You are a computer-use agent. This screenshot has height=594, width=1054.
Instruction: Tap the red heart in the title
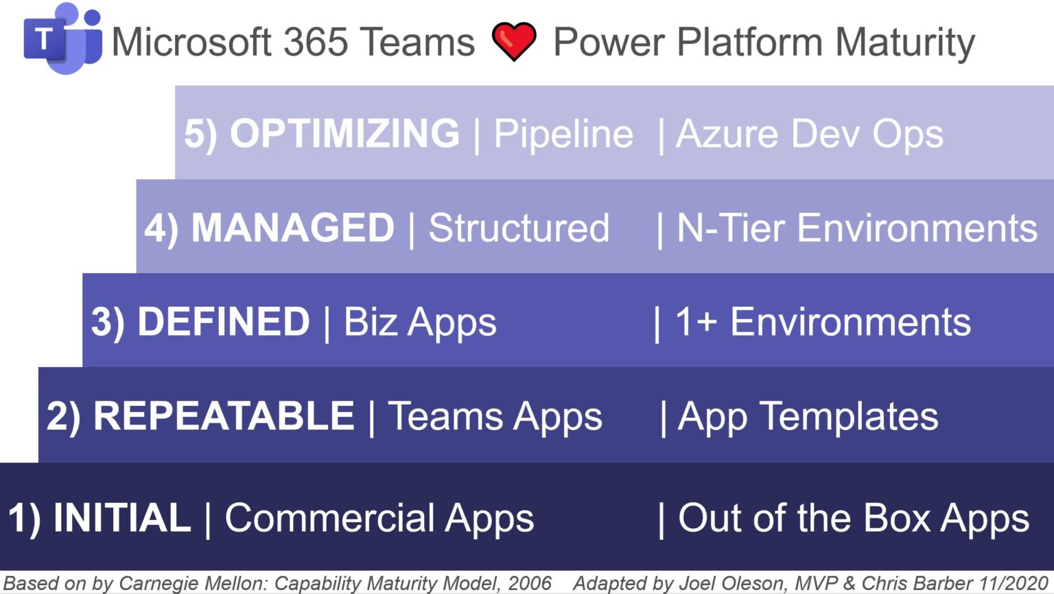[x=514, y=41]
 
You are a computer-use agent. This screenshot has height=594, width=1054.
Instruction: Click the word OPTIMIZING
[x=344, y=133]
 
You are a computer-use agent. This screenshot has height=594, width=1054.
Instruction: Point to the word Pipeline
[x=563, y=134]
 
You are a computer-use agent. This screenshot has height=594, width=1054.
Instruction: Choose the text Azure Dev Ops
[x=810, y=134]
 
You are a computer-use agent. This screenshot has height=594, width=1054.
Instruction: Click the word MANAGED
[x=292, y=228]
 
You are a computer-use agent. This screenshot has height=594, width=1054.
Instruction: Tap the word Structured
[x=519, y=228]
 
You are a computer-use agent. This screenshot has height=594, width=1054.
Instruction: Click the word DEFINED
[x=224, y=322]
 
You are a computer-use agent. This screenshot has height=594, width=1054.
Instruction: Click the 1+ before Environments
[x=696, y=322]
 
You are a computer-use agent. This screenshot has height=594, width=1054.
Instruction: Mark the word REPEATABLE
[x=224, y=416]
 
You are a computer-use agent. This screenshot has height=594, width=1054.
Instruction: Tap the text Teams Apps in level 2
[x=495, y=417]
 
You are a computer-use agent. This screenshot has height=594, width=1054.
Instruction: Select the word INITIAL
[x=121, y=518]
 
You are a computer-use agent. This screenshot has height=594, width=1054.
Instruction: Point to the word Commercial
[x=330, y=518]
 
